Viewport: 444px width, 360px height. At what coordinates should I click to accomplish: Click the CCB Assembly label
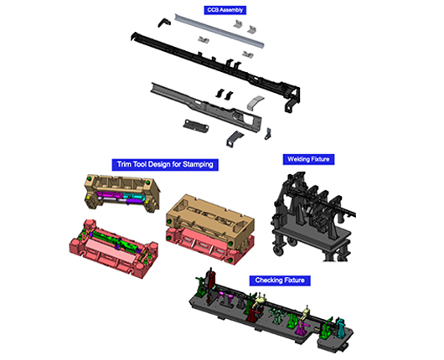click(225, 10)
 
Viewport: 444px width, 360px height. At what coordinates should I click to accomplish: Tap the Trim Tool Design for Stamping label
click(165, 164)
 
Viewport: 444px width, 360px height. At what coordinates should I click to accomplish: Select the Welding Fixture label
click(308, 159)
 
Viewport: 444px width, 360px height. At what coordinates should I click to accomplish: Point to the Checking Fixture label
click(280, 280)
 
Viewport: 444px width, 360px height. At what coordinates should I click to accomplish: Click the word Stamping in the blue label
click(198, 164)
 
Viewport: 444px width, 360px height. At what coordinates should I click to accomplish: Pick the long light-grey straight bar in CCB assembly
click(219, 31)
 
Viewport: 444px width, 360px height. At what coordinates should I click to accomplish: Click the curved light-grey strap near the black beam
click(256, 102)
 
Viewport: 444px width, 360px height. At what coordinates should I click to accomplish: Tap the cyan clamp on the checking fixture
click(340, 327)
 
